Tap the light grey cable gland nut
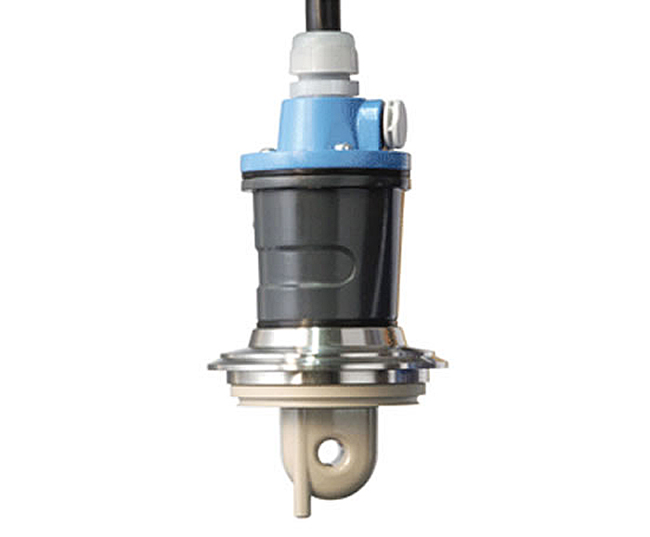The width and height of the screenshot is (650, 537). point(323,55)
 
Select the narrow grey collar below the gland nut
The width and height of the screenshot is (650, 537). point(323,88)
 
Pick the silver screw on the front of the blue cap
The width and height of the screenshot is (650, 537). point(342,146)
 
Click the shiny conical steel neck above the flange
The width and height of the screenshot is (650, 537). point(325,338)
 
